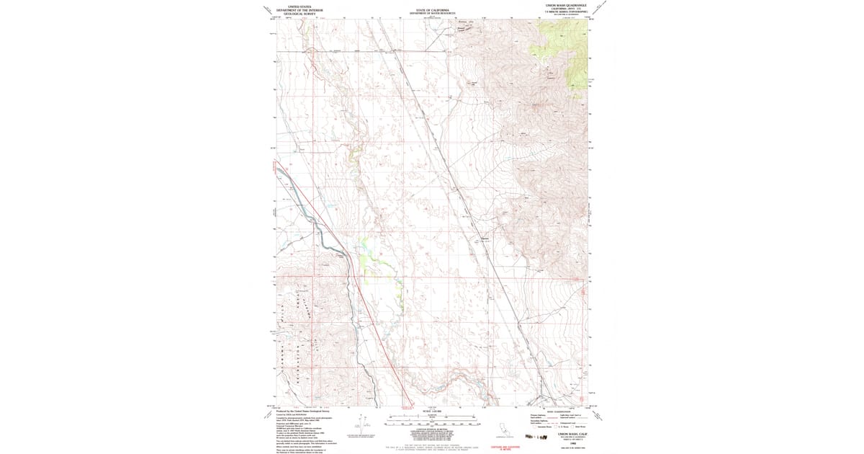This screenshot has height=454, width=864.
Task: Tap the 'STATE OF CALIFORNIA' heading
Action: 432,9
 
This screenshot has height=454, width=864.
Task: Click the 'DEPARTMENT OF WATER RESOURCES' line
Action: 432,13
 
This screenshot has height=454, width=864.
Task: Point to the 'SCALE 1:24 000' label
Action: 432,411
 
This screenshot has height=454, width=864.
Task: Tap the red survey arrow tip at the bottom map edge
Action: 410,406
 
